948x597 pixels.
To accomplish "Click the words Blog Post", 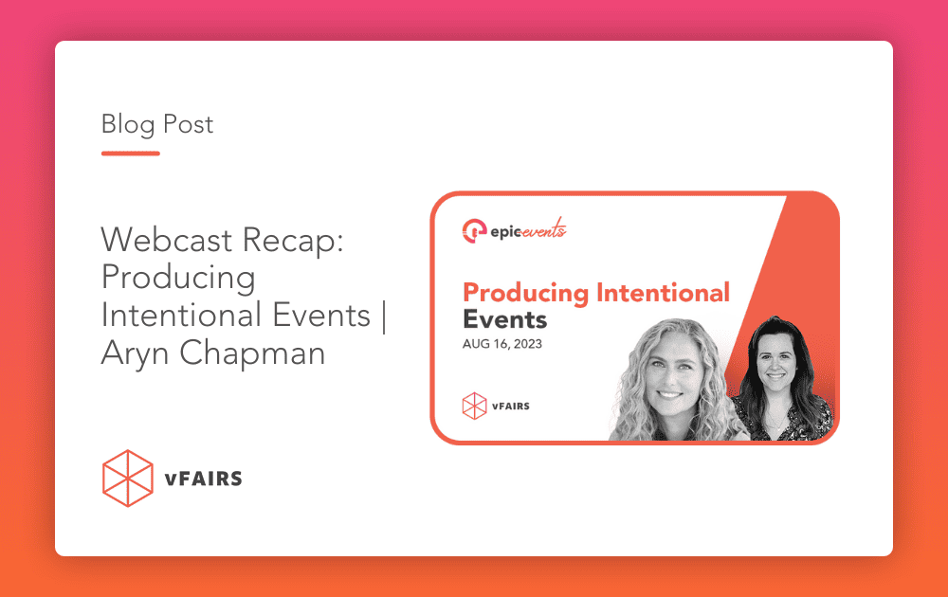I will pyautogui.click(x=157, y=124).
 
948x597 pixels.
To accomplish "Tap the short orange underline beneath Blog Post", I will pyautogui.click(x=130, y=153).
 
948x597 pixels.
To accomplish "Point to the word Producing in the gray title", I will pyautogui.click(x=178, y=278).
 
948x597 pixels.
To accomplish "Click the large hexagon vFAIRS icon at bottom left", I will pyautogui.click(x=127, y=479).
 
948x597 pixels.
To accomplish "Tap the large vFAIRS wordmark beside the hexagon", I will pyautogui.click(x=204, y=479).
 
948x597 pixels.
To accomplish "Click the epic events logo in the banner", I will pyautogui.click(x=514, y=229).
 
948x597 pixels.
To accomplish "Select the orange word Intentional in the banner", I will pyautogui.click(x=663, y=292).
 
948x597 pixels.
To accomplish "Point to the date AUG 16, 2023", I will pyautogui.click(x=502, y=344).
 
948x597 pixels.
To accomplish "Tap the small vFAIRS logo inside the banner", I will pyautogui.click(x=494, y=406).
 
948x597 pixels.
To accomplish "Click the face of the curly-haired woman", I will pyautogui.click(x=668, y=370).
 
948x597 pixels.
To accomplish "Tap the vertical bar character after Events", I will pyautogui.click(x=384, y=315).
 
